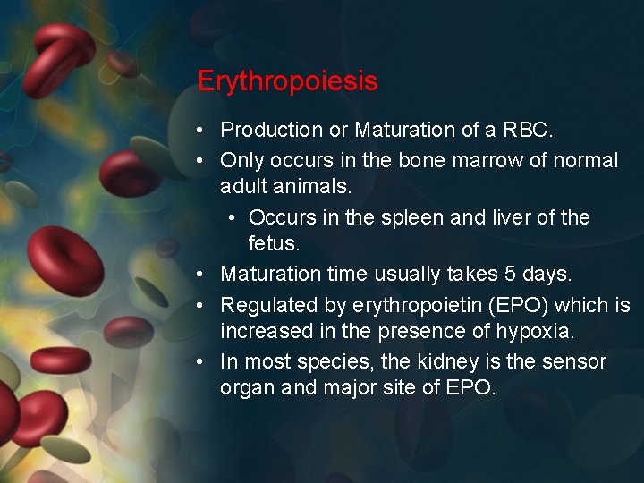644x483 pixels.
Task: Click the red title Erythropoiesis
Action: coord(287,82)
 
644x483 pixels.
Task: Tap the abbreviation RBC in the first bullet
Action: coord(527,131)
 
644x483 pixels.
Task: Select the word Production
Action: coord(272,131)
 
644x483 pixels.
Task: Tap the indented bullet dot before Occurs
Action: coord(232,218)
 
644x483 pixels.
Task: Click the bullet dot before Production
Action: coord(205,131)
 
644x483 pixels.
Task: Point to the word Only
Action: coord(240,161)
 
